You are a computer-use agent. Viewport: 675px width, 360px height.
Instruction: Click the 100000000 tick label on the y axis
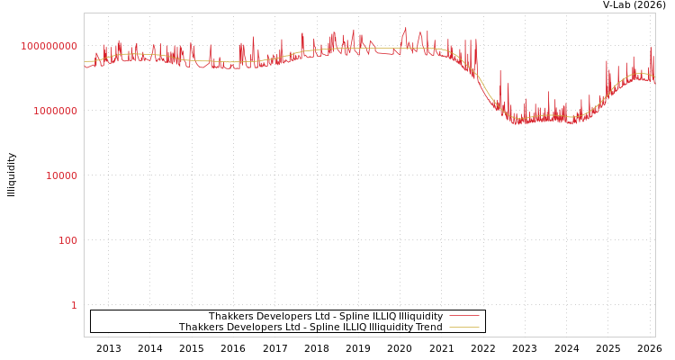click(x=49, y=46)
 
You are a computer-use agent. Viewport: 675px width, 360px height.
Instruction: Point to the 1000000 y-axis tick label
click(x=56, y=111)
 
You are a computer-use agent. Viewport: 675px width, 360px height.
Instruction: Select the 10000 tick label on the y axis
click(x=62, y=175)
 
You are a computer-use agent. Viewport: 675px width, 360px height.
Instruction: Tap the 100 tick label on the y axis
click(x=68, y=240)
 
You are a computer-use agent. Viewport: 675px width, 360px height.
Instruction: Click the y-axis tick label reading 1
click(x=74, y=305)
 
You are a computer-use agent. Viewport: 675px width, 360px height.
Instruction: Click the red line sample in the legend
click(x=463, y=316)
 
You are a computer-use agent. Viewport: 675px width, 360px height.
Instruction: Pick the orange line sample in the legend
click(x=463, y=327)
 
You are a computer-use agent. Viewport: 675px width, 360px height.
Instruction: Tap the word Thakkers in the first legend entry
click(x=229, y=316)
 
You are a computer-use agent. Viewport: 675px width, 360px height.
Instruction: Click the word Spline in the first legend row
click(x=354, y=316)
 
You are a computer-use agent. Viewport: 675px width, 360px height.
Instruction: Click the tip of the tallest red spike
click(x=405, y=28)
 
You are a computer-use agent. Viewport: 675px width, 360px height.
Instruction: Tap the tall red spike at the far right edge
click(x=651, y=49)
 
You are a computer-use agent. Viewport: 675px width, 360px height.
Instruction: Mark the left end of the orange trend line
click(x=85, y=62)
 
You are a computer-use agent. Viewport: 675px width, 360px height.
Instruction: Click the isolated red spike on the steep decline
click(x=500, y=72)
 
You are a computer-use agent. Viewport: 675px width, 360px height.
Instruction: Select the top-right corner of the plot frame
click(x=655, y=13)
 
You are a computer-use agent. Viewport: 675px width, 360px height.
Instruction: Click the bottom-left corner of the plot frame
click(x=85, y=337)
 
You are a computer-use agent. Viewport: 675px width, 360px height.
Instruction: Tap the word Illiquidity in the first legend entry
click(x=420, y=316)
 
